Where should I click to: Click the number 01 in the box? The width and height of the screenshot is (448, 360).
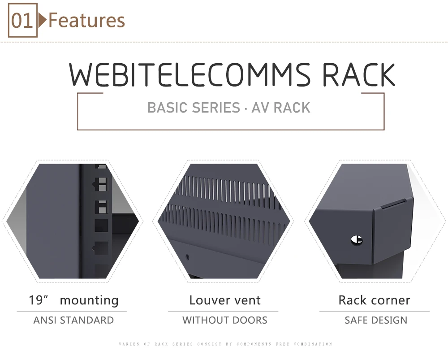(22, 20)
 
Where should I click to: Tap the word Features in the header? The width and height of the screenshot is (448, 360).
(87, 20)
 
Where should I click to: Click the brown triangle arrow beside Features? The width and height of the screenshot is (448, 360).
(42, 20)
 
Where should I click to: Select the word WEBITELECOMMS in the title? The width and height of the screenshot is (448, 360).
(190, 74)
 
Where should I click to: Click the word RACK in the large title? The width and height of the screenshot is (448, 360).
(358, 74)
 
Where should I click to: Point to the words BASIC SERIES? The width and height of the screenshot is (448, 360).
(194, 108)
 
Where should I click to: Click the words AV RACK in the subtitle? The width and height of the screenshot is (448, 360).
(281, 108)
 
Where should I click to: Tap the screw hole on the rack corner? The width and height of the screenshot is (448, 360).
(357, 240)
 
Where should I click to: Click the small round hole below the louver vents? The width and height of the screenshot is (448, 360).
(187, 257)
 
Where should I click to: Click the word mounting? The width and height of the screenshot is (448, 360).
(89, 301)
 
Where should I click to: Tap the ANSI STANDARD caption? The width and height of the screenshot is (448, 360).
(74, 320)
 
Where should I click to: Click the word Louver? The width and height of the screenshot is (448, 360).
(209, 300)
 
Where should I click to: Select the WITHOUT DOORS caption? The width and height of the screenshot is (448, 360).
(225, 320)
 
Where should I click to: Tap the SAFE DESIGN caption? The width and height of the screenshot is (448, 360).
(376, 320)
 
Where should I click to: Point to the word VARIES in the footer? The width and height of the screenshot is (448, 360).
(129, 344)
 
